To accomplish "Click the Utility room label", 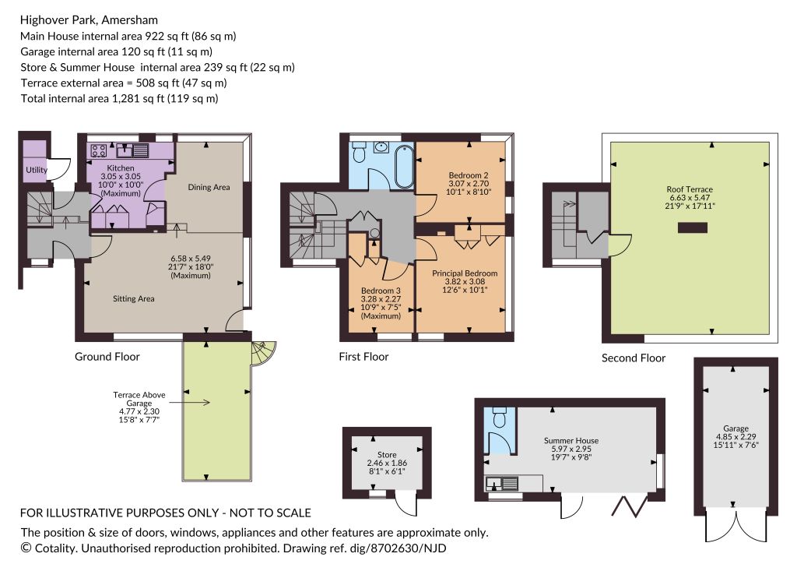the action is (37, 170).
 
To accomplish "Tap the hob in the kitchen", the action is (99, 150).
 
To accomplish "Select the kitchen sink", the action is (132, 150).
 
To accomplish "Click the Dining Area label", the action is (209, 187).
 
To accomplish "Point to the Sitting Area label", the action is (134, 298).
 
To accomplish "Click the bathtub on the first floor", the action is (405, 166).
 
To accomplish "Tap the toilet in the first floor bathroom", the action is (360, 152).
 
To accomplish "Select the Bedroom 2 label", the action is (469, 175).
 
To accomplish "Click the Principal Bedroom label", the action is (465, 273).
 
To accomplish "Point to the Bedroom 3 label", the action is (381, 291).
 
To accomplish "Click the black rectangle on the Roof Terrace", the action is (692, 227).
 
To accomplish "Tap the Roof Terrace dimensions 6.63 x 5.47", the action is (690, 197).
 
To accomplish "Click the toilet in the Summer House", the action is (500, 416).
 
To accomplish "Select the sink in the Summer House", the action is (502, 483).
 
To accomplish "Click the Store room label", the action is (387, 455).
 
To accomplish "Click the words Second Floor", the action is (634, 358).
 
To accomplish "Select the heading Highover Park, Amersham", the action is (89, 19).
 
